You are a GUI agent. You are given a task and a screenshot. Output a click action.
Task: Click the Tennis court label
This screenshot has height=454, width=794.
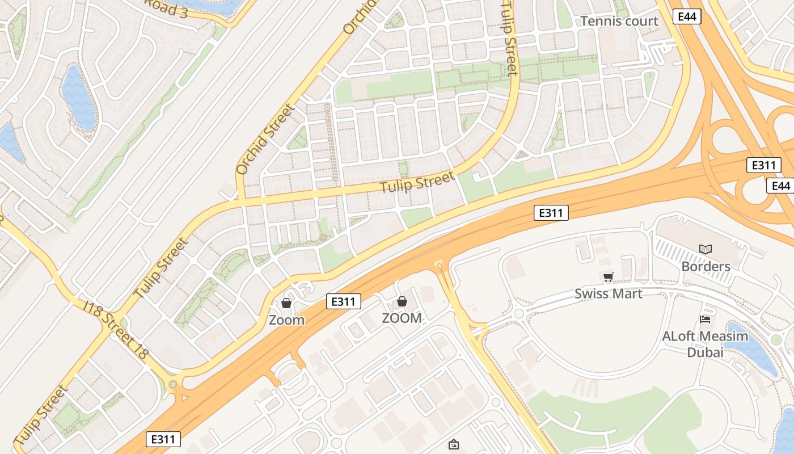[619, 22]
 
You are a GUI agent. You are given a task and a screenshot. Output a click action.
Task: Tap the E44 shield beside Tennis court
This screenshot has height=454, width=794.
[687, 16]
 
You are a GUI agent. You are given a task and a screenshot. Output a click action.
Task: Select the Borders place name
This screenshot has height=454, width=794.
[706, 266]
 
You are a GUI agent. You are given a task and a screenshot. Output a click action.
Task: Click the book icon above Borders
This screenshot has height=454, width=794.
[706, 249]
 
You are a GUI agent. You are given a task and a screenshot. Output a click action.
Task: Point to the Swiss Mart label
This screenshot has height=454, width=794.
[608, 293]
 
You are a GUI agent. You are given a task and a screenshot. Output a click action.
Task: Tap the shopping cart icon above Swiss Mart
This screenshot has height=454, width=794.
[608, 278]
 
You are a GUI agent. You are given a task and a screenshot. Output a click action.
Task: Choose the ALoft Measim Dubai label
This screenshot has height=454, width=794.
[705, 344]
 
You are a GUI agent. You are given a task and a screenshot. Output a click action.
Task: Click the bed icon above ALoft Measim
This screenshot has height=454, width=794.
[705, 320]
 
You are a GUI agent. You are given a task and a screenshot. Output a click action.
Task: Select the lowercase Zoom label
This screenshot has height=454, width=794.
[286, 320]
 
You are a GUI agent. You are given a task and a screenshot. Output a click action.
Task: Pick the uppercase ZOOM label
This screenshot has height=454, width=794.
[402, 318]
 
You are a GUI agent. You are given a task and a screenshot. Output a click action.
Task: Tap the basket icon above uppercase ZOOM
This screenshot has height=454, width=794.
[402, 301]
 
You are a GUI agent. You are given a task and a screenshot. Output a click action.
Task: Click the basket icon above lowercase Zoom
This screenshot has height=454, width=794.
[286, 303]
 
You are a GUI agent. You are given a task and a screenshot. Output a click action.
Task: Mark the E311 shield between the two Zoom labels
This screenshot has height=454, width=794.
[344, 301]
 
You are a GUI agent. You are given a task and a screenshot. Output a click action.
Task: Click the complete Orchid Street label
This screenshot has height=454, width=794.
[265, 139]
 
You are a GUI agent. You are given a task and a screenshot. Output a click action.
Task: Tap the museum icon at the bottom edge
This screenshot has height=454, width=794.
[453, 444]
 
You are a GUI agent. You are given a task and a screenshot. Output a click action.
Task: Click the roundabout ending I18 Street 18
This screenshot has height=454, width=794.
[173, 384]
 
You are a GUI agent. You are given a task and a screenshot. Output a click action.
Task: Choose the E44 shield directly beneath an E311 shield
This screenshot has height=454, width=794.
[780, 186]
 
